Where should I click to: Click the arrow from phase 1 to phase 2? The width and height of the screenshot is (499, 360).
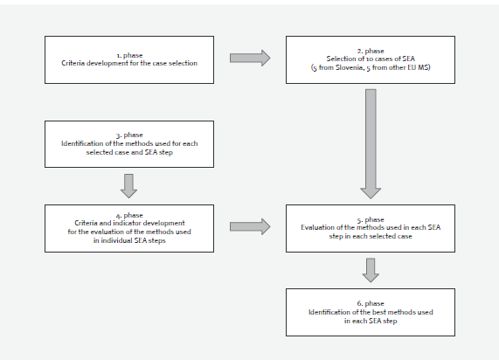pos(250,58)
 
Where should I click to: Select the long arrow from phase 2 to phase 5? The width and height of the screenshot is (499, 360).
pos(371,144)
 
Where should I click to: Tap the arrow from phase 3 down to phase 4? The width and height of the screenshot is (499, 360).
pos(128,186)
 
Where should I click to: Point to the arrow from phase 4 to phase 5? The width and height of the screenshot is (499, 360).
pos(250,226)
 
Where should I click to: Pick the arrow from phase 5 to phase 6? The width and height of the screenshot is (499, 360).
pos(371,270)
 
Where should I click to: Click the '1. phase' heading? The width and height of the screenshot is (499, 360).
pos(129,55)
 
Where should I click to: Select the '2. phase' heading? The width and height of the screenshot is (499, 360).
pos(371,51)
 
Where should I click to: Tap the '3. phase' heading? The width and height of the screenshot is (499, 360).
pos(129,135)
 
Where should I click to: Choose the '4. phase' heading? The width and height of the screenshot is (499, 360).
pos(129,216)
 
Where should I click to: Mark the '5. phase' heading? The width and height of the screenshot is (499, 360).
pos(371,219)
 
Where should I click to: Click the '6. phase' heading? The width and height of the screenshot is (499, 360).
pos(371,303)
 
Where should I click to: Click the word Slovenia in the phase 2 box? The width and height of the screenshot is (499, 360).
pos(350,67)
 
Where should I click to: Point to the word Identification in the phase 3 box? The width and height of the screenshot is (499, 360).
pos(83,143)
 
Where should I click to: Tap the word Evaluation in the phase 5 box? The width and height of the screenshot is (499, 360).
pos(317,227)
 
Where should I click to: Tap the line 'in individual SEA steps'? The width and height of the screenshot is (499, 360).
pos(129,240)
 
